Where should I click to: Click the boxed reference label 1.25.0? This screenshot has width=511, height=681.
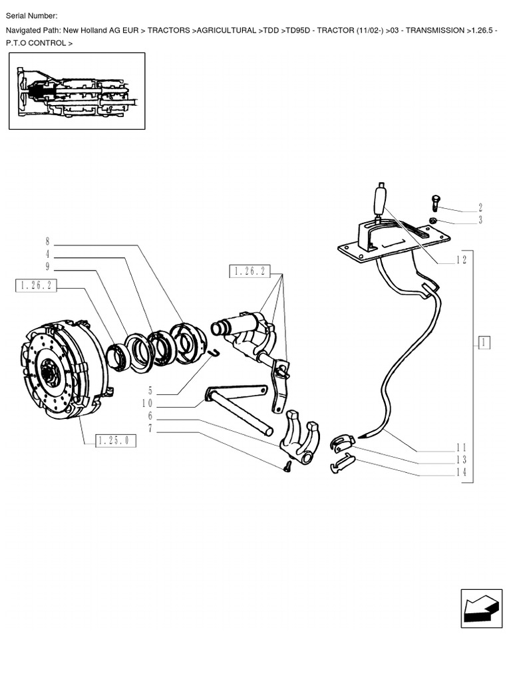(x=116, y=440)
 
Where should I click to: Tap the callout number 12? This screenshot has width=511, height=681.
(x=461, y=260)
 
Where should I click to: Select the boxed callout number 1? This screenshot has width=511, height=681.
(x=484, y=342)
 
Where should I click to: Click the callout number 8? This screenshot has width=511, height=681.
(x=48, y=241)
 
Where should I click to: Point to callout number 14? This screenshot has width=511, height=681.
(x=461, y=472)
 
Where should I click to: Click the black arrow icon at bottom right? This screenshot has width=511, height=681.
(x=481, y=608)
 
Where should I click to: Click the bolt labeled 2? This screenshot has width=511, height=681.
(x=435, y=204)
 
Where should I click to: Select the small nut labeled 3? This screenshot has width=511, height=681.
(x=432, y=221)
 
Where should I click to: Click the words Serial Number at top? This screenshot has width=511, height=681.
(x=31, y=16)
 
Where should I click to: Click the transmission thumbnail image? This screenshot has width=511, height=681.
(x=77, y=91)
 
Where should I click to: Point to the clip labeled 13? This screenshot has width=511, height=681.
(x=343, y=442)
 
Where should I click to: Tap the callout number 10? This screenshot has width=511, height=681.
(x=147, y=404)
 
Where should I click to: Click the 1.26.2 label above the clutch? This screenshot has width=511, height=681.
(x=36, y=286)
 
